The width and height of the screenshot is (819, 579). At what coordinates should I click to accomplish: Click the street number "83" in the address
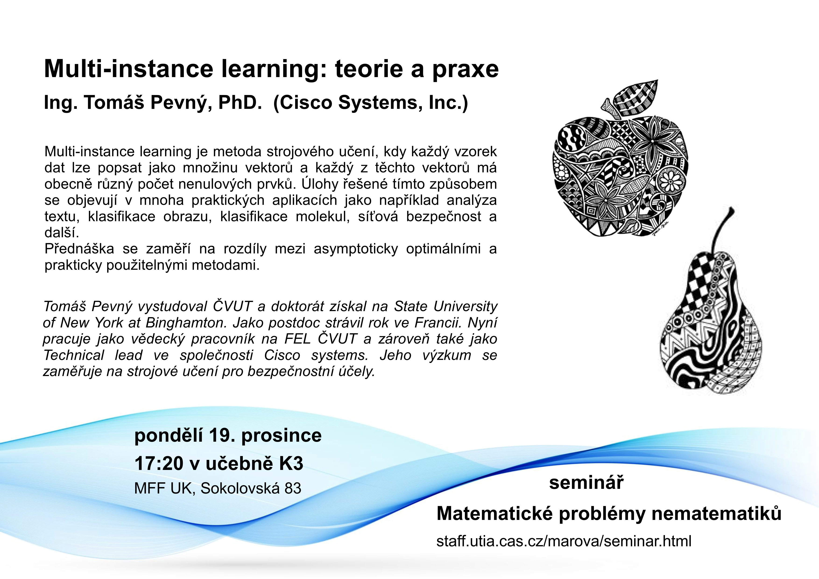[x=293, y=488]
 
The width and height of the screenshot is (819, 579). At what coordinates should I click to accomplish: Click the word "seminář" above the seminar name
[x=587, y=483]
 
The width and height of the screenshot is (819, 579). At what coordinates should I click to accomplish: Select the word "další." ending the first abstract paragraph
[x=62, y=233]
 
